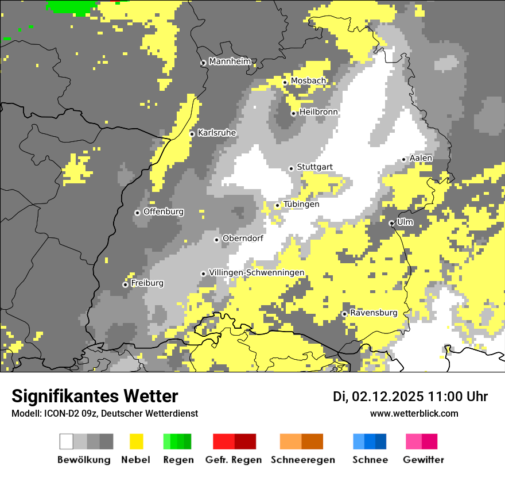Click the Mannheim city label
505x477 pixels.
(x=230, y=61)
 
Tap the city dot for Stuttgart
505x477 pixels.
(x=291, y=168)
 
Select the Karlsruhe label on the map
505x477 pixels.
(x=217, y=133)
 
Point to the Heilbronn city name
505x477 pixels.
(x=318, y=112)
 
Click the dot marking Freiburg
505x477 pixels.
(x=125, y=284)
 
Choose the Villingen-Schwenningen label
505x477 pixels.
(x=257, y=272)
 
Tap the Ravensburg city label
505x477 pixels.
(x=374, y=313)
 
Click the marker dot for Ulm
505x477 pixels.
(x=391, y=223)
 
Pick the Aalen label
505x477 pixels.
(x=421, y=158)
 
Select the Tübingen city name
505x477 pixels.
(x=301, y=204)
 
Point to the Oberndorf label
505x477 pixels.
(x=243, y=238)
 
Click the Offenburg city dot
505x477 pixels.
(x=137, y=213)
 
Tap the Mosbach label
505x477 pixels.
(x=308, y=81)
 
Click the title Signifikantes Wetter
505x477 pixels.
(x=95, y=396)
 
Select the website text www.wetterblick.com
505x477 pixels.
(x=414, y=413)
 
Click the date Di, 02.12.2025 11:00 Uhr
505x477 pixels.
(x=410, y=397)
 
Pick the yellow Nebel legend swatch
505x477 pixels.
(x=137, y=441)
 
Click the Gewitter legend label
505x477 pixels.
(x=423, y=460)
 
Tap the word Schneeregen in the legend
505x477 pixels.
(x=302, y=460)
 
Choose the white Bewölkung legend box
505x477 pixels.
(x=67, y=441)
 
